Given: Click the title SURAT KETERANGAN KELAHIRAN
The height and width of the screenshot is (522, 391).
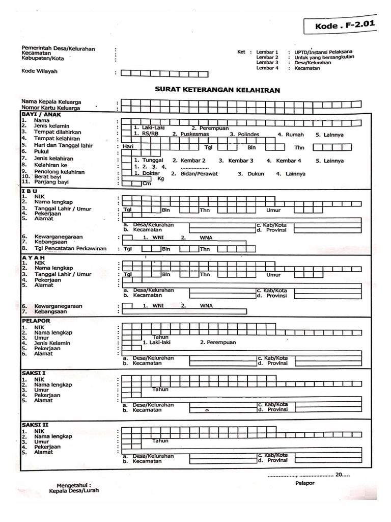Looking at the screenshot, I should (x=217, y=89).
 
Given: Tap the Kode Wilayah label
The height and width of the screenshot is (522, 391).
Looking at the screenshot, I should (x=39, y=71).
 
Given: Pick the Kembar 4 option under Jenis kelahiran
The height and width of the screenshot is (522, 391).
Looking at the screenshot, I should (x=289, y=161).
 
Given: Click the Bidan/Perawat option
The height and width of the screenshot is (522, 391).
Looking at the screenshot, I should (x=194, y=174).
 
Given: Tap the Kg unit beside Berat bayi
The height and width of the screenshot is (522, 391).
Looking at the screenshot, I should (x=161, y=179).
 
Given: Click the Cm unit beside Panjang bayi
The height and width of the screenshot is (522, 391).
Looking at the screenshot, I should (x=147, y=184).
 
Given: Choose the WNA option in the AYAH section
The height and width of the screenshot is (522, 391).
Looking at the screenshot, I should (x=206, y=306).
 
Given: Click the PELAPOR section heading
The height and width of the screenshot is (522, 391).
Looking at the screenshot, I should (x=36, y=321).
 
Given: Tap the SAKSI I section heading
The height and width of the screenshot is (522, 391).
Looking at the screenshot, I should (x=34, y=373).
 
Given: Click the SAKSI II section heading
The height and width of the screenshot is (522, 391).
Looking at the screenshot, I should (x=35, y=424).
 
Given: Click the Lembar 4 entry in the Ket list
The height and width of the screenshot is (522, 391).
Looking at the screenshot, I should (x=268, y=68).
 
